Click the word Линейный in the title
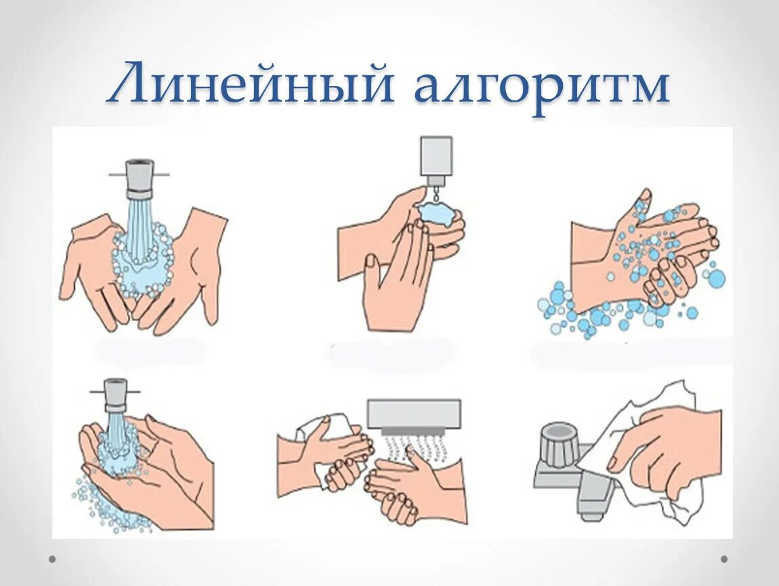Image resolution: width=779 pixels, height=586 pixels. (x=251, y=82)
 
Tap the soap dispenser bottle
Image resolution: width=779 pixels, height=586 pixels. (x=436, y=156)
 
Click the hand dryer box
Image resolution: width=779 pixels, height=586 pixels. (x=414, y=416)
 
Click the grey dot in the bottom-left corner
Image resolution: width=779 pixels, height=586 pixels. (x=52, y=559)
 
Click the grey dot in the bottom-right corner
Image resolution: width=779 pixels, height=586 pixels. (x=724, y=559)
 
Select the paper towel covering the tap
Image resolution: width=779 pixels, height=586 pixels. (x=646, y=448)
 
